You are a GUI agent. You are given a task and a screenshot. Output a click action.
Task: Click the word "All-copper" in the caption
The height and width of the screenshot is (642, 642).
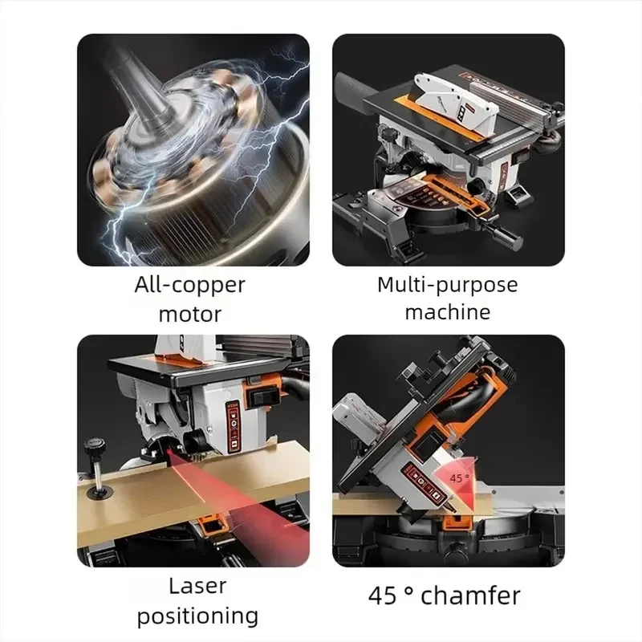(189, 286)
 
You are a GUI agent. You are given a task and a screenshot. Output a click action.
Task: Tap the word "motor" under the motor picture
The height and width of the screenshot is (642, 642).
(190, 315)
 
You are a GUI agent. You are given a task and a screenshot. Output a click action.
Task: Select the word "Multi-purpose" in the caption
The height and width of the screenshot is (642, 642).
(448, 286)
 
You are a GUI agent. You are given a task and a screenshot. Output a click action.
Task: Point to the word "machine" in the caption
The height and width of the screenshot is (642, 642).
(448, 312)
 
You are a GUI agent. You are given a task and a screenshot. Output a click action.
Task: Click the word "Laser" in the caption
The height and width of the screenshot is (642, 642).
(197, 586)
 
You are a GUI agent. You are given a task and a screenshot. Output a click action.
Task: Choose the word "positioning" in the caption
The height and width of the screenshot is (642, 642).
(197, 616)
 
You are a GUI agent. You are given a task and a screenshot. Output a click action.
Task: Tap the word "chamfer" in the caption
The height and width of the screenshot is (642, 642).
(470, 595)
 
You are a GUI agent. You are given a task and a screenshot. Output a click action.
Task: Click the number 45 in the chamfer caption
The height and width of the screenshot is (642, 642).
(383, 596)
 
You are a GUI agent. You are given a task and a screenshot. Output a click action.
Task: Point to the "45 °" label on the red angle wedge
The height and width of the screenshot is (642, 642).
(459, 477)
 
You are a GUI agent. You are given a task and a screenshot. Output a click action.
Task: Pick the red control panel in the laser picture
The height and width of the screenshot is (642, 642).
(233, 427)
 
